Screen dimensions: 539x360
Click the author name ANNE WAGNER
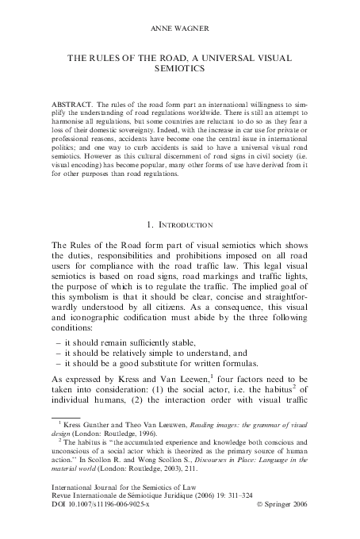(x=179, y=29)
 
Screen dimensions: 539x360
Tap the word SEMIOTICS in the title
(x=179, y=69)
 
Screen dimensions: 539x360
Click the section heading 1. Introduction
(x=179, y=226)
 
